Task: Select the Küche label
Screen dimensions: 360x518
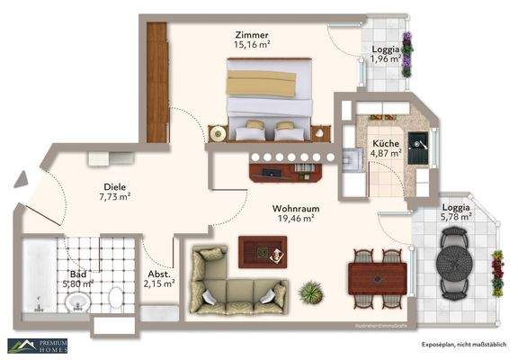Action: pyautogui.click(x=387, y=142)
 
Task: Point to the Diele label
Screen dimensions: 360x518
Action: pyautogui.click(x=114, y=188)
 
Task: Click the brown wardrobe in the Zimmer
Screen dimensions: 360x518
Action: pyautogui.click(x=157, y=81)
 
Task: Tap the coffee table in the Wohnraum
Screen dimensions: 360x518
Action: pyautogui.click(x=262, y=251)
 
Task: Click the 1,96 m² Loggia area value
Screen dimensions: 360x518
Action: pyautogui.click(x=387, y=60)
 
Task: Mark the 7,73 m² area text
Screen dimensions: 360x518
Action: pyautogui.click(x=114, y=197)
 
